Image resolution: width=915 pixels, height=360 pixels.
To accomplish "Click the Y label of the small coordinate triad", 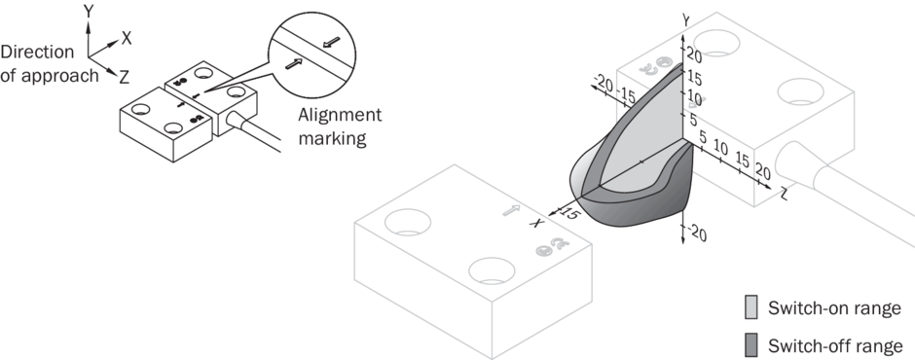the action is point(89,11).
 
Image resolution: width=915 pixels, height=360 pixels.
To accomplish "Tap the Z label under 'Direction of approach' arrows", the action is point(124,77).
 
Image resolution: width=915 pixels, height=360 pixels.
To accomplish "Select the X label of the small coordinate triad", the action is point(126,39).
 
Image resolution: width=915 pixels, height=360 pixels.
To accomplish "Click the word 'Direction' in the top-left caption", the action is point(37,52).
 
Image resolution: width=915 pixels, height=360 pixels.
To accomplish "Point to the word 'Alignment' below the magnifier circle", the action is point(340,115).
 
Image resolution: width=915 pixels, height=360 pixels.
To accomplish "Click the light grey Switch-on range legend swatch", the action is point(751,306).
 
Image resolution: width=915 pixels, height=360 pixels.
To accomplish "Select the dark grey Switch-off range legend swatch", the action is point(751,344).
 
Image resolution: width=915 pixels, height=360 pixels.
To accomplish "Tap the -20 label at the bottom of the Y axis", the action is point(696,234).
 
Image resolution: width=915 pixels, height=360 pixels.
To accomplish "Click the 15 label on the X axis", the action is point(569,213).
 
